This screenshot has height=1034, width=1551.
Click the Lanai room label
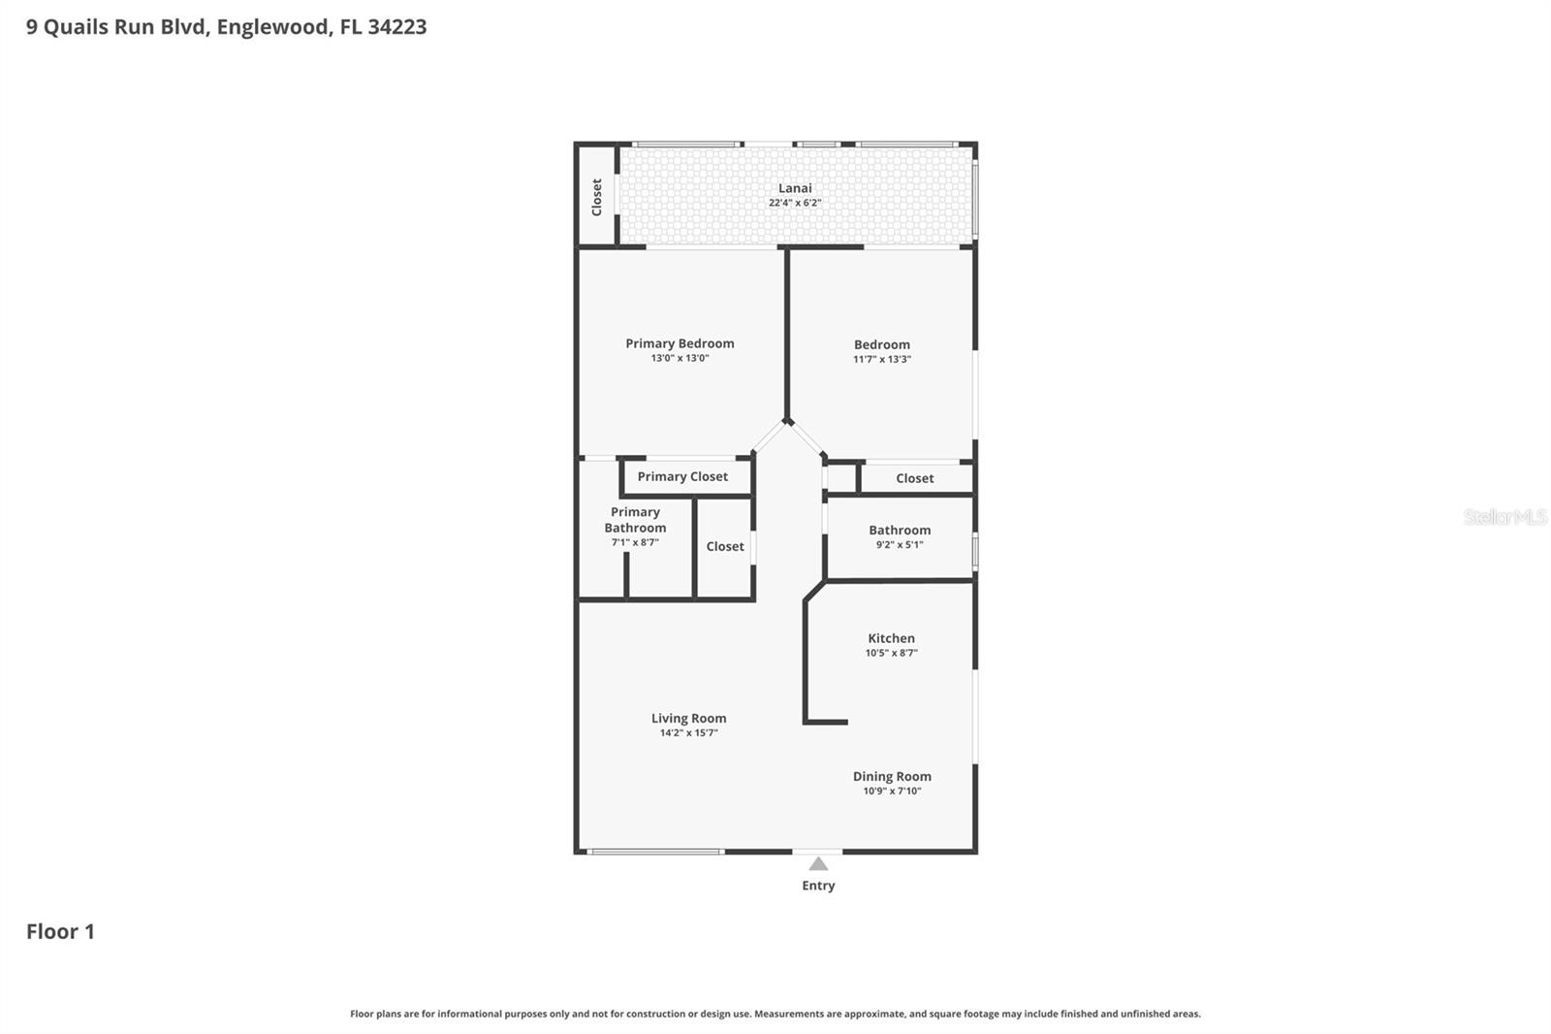pyautogui.click(x=795, y=188)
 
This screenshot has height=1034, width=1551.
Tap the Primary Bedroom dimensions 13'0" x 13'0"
pyautogui.click(x=680, y=358)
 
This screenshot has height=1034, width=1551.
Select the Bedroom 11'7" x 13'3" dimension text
pyautogui.click(x=881, y=359)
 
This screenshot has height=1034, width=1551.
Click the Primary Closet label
pyautogui.click(x=682, y=476)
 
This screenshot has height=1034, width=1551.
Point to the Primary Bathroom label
pyautogui.click(x=635, y=520)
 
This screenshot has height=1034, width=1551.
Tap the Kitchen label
pyautogui.click(x=891, y=638)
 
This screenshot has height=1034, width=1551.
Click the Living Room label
pyautogui.click(x=688, y=719)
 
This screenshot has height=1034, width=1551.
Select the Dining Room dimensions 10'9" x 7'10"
pyautogui.click(x=892, y=791)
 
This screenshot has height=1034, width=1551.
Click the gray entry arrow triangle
pyautogui.click(x=818, y=863)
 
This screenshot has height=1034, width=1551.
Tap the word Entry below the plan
pyautogui.click(x=818, y=886)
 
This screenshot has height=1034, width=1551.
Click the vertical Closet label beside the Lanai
pyautogui.click(x=597, y=197)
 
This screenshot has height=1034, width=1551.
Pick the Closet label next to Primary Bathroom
pyautogui.click(x=725, y=546)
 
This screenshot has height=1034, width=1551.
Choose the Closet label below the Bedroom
pyautogui.click(x=914, y=478)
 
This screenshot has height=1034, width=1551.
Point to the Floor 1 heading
pyautogui.click(x=60, y=931)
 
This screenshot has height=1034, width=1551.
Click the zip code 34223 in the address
pyautogui.click(x=397, y=27)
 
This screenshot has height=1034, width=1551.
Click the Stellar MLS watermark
pyautogui.click(x=1504, y=517)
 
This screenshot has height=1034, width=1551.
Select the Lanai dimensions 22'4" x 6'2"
pyautogui.click(x=795, y=203)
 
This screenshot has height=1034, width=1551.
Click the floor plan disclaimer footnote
pyautogui.click(x=775, y=1014)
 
